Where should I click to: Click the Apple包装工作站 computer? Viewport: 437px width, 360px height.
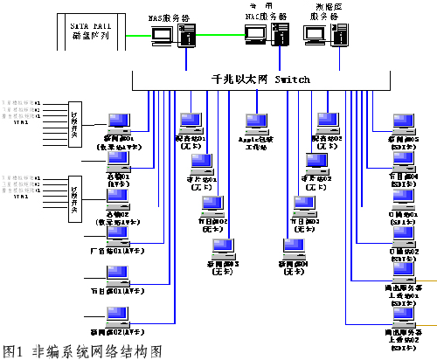[256, 123]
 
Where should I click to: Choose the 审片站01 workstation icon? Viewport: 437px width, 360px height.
[202, 164]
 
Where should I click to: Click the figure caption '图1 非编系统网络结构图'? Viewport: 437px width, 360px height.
[83, 350]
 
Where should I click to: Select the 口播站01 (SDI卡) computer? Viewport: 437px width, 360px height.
[403, 199]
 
